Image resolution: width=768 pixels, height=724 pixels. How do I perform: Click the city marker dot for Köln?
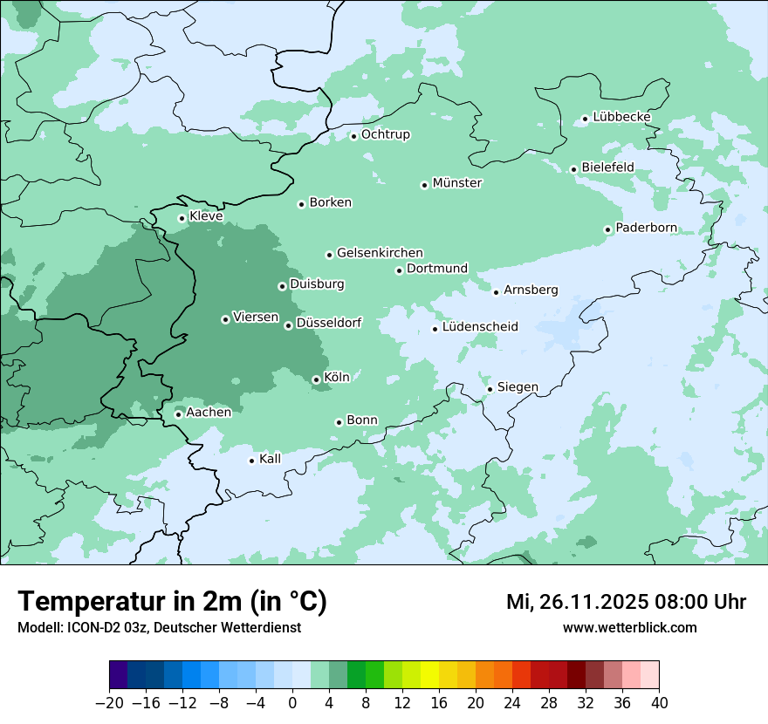(x=316, y=379)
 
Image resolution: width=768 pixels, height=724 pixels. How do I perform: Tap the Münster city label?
(x=457, y=183)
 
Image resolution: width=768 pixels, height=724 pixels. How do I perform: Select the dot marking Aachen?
(x=178, y=414)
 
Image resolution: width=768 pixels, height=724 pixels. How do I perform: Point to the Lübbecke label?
(x=621, y=117)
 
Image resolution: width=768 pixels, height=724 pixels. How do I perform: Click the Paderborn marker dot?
(x=608, y=229)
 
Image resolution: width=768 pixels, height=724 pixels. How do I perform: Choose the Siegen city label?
(x=518, y=387)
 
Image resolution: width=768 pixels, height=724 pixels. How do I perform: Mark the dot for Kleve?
(x=182, y=218)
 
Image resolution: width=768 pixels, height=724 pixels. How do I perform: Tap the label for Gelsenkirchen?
(x=380, y=253)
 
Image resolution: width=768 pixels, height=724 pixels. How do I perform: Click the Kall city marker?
(x=252, y=461)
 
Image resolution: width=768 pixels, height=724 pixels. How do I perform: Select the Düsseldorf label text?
(x=329, y=323)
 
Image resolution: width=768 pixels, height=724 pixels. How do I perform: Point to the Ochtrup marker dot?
(x=354, y=136)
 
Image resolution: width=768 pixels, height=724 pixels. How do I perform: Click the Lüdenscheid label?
(x=480, y=327)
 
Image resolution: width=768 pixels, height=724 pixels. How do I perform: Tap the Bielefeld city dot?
(x=574, y=169)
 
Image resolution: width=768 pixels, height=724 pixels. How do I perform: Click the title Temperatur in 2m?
(x=172, y=602)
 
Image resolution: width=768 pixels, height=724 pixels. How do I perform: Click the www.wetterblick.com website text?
(x=629, y=628)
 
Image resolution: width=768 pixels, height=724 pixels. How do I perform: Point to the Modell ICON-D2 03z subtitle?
(x=158, y=628)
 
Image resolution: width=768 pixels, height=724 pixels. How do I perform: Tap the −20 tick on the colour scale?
(x=109, y=703)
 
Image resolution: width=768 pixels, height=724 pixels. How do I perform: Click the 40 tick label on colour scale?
(x=659, y=703)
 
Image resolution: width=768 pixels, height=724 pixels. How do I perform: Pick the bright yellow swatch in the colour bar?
(x=429, y=675)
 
